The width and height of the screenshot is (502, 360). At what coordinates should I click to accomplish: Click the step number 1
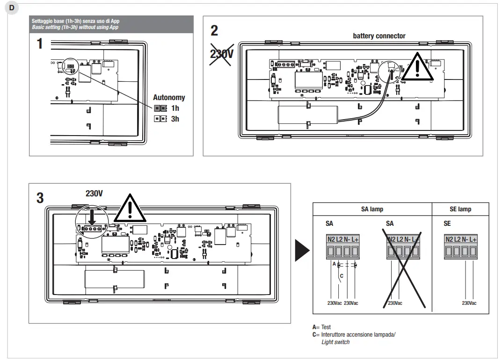click(x=40, y=44)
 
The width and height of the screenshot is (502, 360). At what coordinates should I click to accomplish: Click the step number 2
click(x=214, y=30)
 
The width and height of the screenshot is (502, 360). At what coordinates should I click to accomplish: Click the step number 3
click(x=40, y=198)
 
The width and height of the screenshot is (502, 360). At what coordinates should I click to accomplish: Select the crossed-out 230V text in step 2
click(x=221, y=54)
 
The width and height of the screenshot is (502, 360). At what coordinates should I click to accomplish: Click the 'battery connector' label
click(x=379, y=36)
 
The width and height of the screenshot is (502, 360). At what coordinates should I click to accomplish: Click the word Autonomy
click(x=169, y=98)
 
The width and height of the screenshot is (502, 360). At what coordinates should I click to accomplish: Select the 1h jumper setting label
click(x=175, y=108)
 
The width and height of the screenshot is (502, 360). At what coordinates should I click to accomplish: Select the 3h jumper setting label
click(x=175, y=119)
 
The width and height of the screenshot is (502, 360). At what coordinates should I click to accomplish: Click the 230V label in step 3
click(x=94, y=194)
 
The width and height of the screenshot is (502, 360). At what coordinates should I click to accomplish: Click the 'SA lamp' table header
click(x=371, y=209)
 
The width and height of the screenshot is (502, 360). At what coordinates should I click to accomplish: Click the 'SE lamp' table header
click(x=460, y=209)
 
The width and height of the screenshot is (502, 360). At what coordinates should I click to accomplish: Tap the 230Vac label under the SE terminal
click(x=469, y=303)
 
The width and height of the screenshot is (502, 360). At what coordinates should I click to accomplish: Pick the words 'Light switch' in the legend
click(x=335, y=342)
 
